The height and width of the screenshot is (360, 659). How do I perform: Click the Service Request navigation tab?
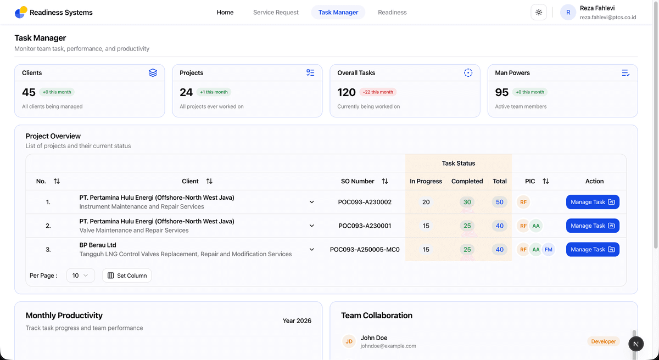[x=276, y=12]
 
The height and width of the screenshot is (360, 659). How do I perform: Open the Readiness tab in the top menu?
[x=392, y=12]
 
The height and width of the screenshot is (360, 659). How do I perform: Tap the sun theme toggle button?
[x=539, y=12]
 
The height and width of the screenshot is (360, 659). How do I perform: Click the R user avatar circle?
[x=568, y=12]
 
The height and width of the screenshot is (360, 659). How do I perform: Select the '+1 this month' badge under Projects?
[x=214, y=92]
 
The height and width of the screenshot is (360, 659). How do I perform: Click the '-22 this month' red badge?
[x=378, y=92]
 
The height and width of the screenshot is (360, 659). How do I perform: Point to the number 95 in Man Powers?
[x=501, y=92]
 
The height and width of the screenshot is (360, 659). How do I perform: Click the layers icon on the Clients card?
[x=153, y=72]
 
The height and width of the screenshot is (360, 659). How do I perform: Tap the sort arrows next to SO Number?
[x=385, y=181]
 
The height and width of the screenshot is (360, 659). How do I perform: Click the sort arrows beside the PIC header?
[x=546, y=181]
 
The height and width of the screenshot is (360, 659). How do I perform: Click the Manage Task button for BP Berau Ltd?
[x=593, y=250]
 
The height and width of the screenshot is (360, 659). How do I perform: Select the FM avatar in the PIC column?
[x=549, y=250]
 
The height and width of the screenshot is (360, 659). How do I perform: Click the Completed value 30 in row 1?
[x=467, y=202]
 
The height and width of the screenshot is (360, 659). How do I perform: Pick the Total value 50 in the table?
[x=500, y=202]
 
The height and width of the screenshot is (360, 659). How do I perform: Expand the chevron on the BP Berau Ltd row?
[x=311, y=250]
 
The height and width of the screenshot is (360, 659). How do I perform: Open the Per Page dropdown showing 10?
[x=80, y=275]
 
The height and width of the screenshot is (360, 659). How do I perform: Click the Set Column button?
[x=127, y=275]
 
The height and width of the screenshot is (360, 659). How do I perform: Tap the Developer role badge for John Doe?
[x=604, y=341]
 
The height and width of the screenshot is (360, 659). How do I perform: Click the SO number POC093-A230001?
[x=365, y=226]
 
